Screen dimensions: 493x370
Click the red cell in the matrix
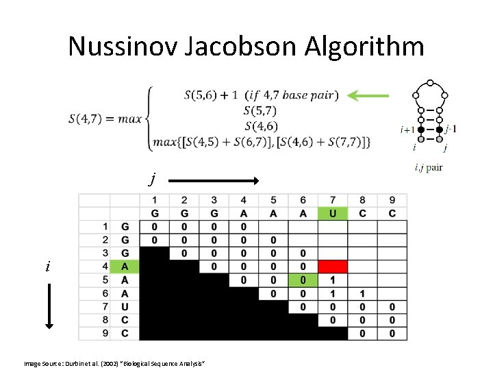333,267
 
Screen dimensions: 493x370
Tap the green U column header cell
333,213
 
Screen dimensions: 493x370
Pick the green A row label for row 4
125,267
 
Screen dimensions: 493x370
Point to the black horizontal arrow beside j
212,181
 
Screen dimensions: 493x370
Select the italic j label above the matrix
153,180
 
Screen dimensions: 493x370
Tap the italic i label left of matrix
47,267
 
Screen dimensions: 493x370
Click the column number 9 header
392,200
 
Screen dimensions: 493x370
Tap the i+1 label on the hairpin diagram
406,129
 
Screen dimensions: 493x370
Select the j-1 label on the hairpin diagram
451,129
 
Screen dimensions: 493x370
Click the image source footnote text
114,361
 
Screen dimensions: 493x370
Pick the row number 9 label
105,334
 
